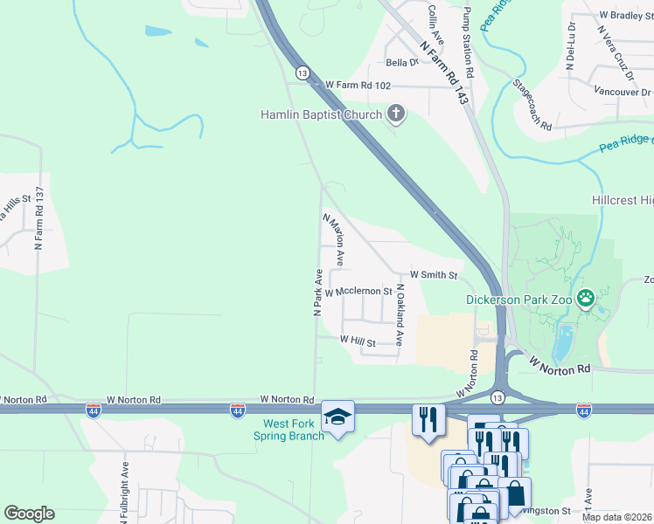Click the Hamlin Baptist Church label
tap(321, 114)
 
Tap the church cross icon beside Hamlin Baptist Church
tap(396, 114)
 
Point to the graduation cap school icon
tap(337, 416)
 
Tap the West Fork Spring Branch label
tap(289, 430)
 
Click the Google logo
tap(30, 514)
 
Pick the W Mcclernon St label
tap(358, 291)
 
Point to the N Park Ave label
tap(319, 293)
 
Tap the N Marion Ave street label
tap(333, 240)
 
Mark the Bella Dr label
tap(403, 63)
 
